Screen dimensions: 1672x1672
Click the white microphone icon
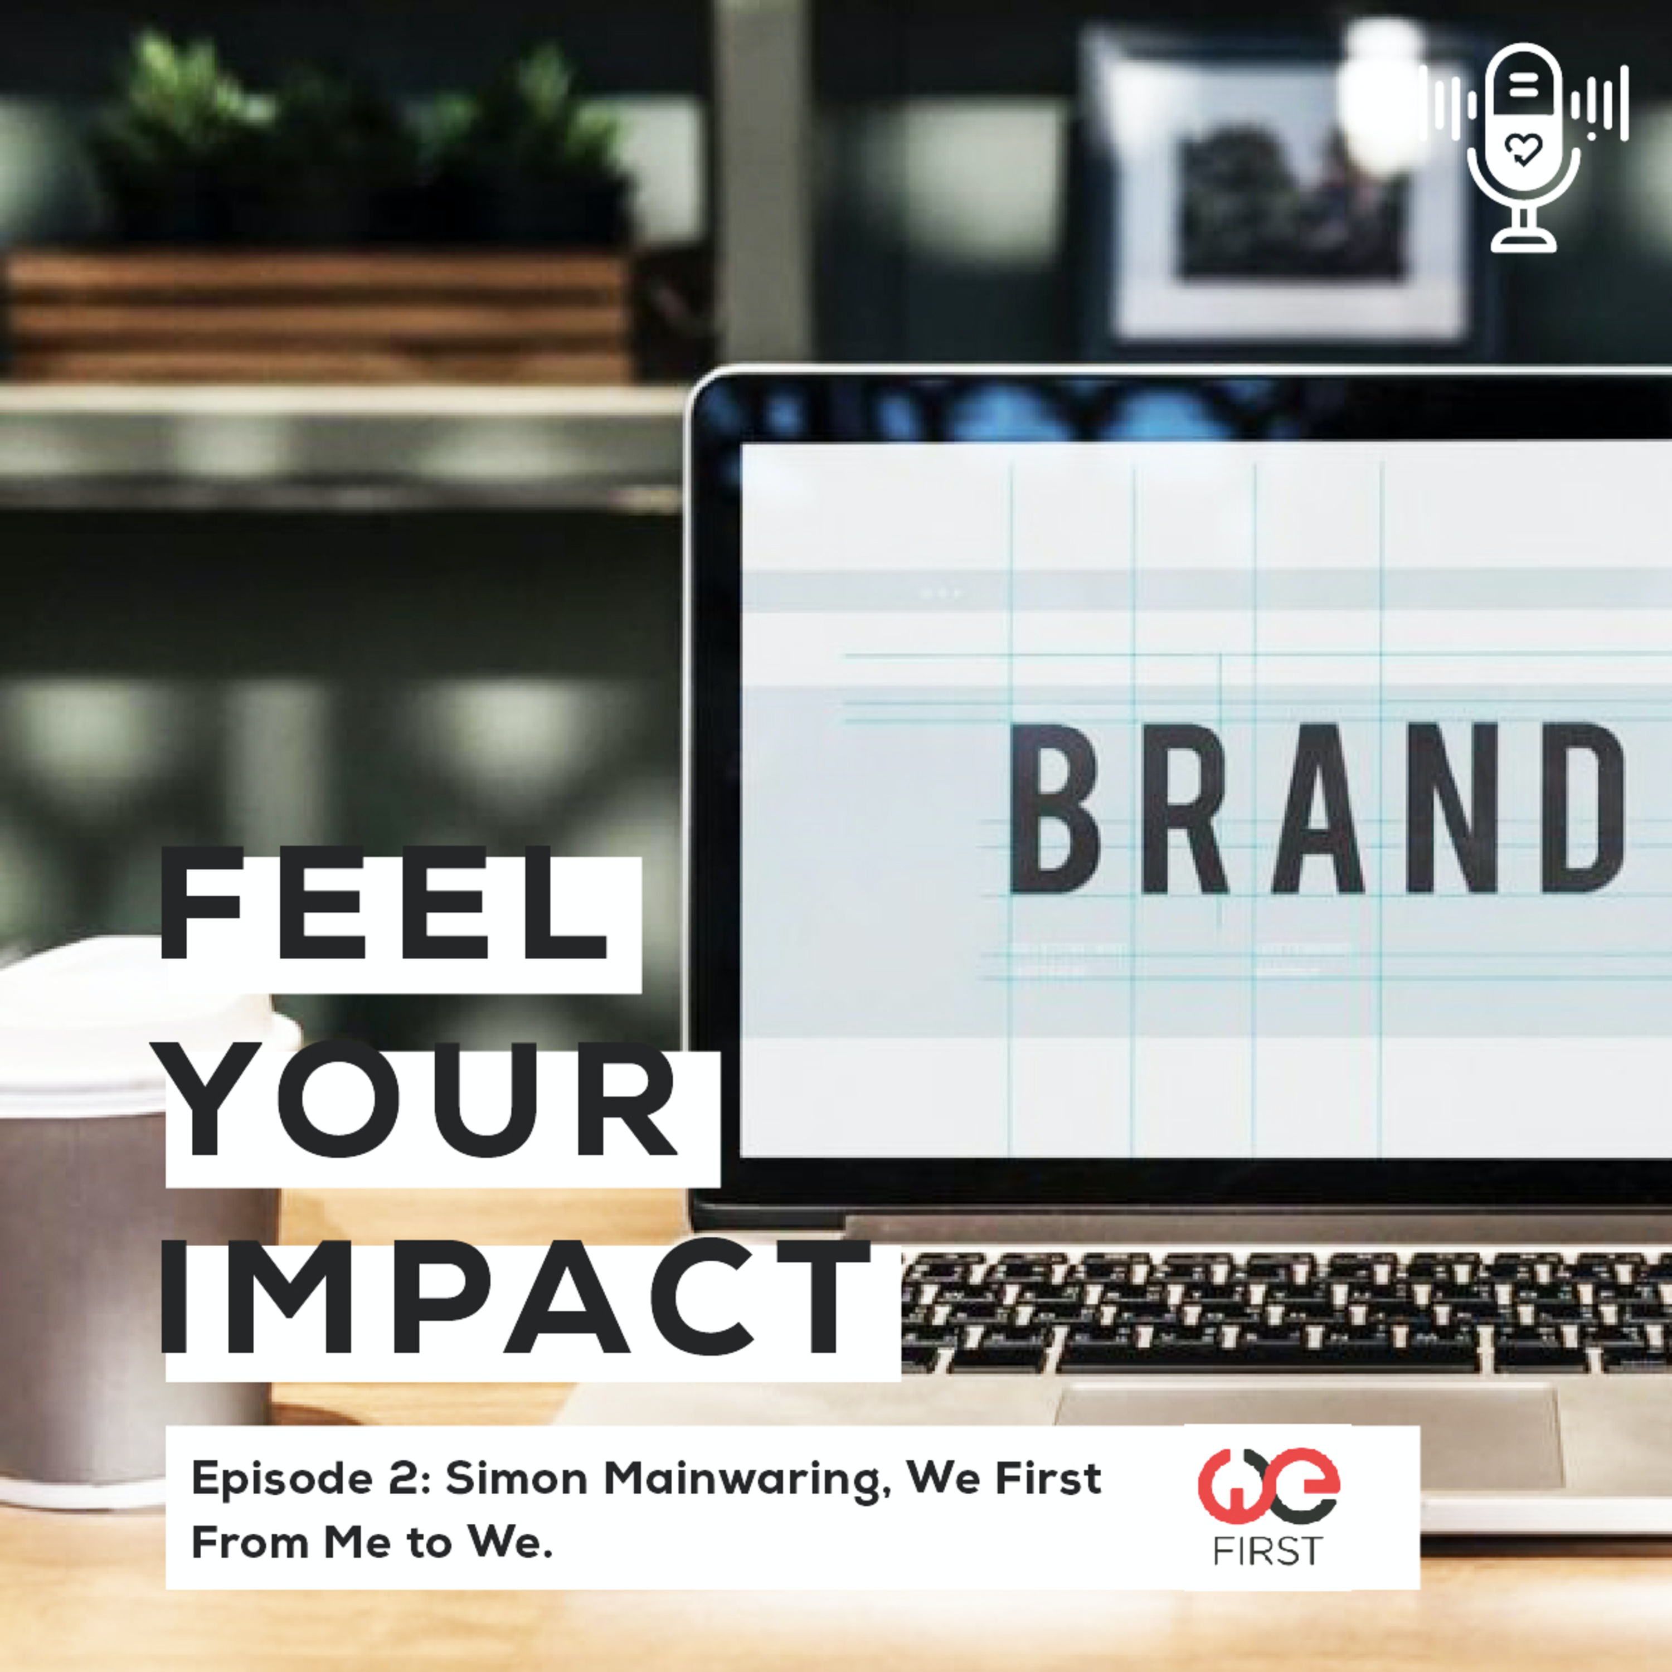[1523, 147]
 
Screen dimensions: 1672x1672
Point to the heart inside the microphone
[1523, 149]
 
